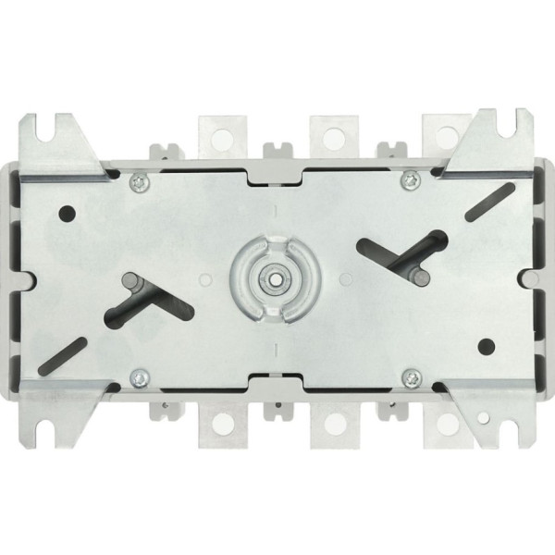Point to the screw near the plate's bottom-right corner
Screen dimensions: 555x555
(413, 376)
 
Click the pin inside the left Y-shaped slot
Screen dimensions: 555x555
(129, 279)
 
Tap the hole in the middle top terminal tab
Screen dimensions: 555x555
(331, 136)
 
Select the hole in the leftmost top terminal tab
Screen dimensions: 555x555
(222, 136)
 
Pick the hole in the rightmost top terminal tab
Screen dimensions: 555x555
(442, 136)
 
